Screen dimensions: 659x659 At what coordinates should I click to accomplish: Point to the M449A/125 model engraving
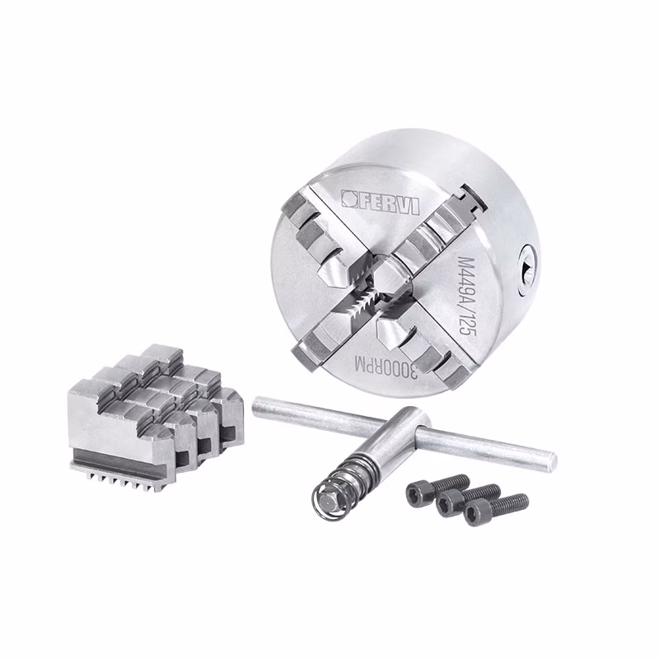pos(466,296)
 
